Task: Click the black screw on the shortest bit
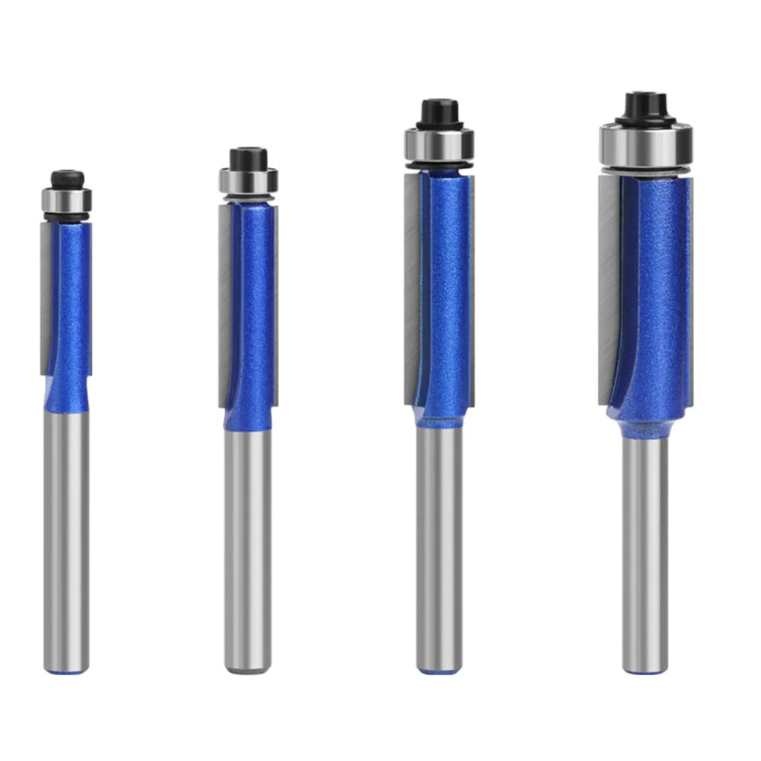67,179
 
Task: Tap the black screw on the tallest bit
645,104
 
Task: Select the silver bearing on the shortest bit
67,200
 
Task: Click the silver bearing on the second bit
249,181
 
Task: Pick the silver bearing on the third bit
439,143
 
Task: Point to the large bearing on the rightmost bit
645,144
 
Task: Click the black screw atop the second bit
249,158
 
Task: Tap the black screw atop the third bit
439,111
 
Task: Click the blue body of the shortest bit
72,304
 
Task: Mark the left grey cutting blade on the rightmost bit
609,289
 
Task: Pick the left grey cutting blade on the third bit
412,289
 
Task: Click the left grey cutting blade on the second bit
225,304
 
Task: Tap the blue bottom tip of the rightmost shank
645,670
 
